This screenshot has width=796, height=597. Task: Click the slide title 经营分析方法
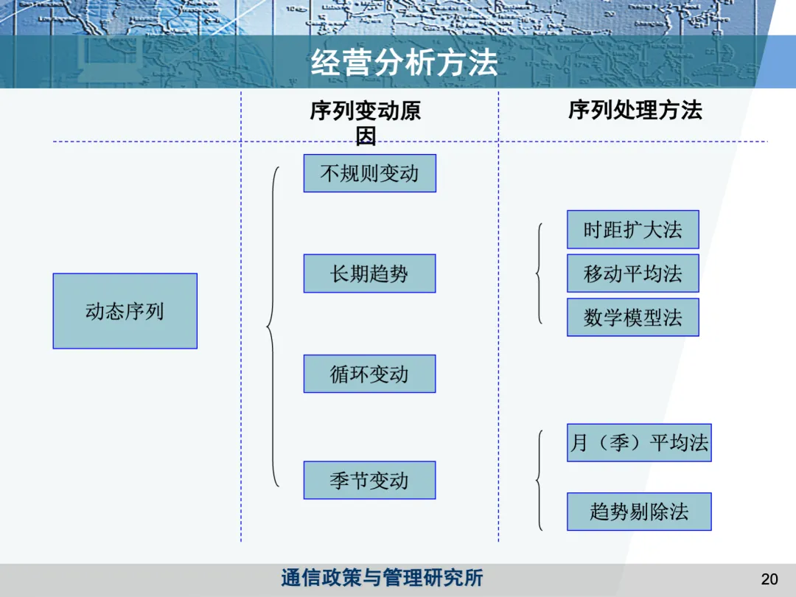(x=404, y=63)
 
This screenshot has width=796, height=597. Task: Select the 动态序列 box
(x=125, y=311)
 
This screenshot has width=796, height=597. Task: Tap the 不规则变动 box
(x=369, y=173)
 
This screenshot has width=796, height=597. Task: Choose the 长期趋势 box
(x=369, y=273)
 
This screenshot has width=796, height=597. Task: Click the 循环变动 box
(x=369, y=374)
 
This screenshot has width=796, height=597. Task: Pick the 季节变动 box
(x=369, y=481)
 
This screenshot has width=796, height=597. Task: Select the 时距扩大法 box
(x=632, y=230)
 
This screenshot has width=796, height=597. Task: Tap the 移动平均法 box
(x=632, y=273)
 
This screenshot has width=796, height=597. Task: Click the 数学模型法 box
(x=632, y=318)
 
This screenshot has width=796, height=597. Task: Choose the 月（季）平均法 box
(x=638, y=443)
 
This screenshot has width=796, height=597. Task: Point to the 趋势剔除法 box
(x=638, y=512)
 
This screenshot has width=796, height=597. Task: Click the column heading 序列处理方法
(x=635, y=111)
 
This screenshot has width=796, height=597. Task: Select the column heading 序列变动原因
(x=366, y=112)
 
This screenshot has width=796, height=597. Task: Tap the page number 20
(x=769, y=579)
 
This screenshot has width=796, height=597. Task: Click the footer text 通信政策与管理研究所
(x=382, y=578)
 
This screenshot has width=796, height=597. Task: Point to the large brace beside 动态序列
(x=273, y=326)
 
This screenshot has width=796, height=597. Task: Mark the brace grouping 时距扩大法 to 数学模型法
(x=540, y=274)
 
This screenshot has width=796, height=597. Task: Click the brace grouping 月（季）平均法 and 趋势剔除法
(x=540, y=481)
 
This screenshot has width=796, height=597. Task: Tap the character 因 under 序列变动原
(x=366, y=136)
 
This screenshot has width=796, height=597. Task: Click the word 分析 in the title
(x=404, y=63)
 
